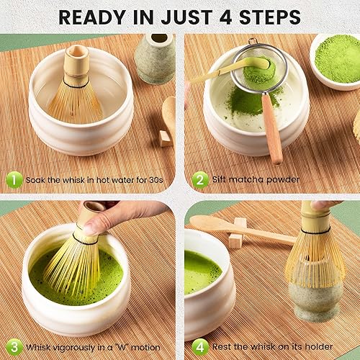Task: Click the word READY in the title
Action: tap(93, 16)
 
